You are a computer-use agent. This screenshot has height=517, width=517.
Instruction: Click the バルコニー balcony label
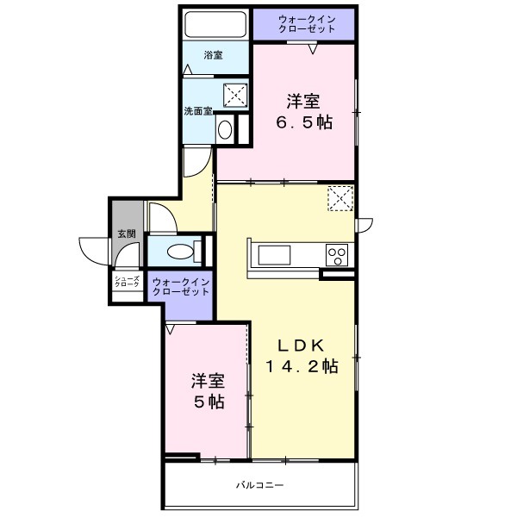260,484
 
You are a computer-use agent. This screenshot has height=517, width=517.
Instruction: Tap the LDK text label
301,346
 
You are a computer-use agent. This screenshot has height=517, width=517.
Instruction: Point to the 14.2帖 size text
301,366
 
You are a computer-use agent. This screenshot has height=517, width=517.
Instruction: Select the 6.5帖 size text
303,121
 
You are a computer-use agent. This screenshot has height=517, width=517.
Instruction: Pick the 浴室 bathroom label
213,56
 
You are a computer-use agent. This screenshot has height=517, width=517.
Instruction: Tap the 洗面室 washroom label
198,111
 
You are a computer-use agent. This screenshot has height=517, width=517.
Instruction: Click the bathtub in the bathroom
215,24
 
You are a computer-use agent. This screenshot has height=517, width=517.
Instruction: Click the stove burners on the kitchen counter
337,255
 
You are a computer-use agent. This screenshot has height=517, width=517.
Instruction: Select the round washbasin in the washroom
225,129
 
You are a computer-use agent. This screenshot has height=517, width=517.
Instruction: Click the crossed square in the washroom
235,94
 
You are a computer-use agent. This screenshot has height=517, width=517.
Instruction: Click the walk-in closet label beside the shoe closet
179,287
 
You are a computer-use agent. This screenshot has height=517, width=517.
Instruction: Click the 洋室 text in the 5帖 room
209,380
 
